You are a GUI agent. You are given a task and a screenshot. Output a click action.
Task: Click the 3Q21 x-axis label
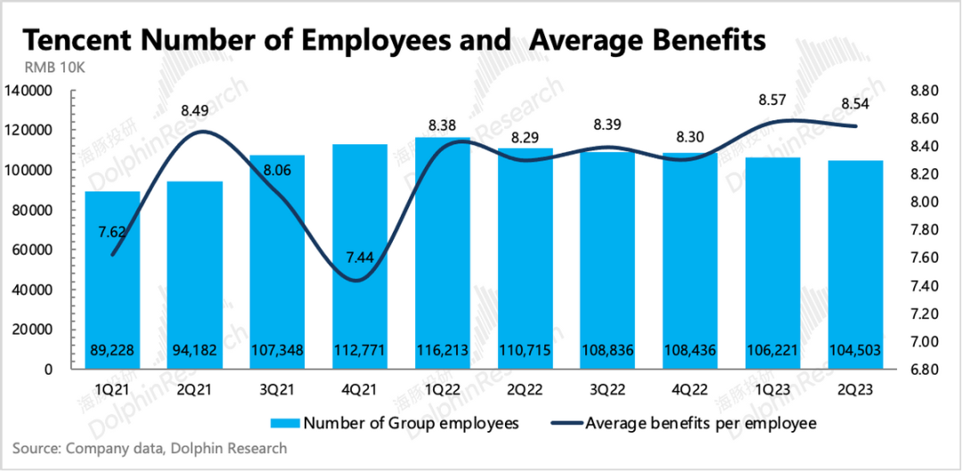[278, 389]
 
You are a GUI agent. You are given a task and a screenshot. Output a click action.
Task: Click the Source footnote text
[150, 449]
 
